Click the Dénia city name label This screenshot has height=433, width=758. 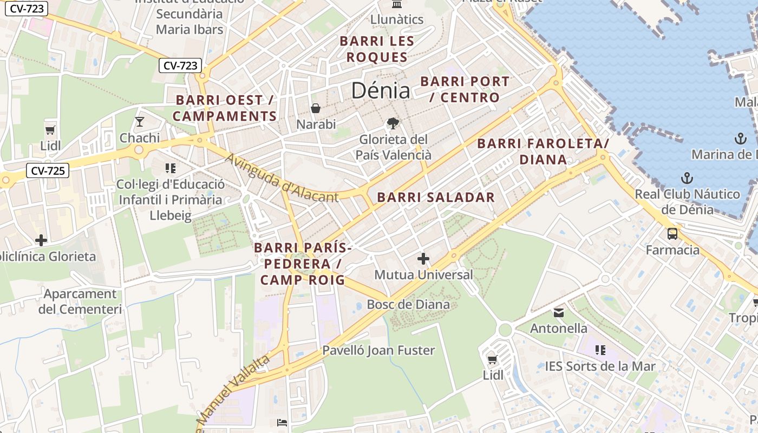pos(381,90)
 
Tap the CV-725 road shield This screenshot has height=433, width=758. pos(48,171)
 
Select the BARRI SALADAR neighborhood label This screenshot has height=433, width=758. pos(436,198)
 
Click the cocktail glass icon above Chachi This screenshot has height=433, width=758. pos(140,121)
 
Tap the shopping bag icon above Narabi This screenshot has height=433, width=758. pos(316,108)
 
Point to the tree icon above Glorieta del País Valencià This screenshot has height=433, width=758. pos(393,123)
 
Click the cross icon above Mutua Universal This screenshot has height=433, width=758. pos(423,259)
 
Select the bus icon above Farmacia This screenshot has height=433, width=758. pos(672,234)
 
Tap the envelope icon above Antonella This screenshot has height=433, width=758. pos(558,312)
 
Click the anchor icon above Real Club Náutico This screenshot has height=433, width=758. pos(687,178)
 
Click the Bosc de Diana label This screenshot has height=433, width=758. pos(408,304)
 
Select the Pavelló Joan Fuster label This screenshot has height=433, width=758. pos(378,350)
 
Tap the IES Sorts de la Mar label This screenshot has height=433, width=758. pos(600,366)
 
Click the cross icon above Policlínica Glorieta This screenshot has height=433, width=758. pos(41,240)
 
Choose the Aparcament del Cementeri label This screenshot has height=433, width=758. pos(80,301)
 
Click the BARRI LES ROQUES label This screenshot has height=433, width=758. pos(377,49)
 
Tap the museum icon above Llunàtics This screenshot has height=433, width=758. pos(397,5)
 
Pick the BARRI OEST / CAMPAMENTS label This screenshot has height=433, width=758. pos(225,108)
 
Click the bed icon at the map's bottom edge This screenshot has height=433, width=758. pos(282,423)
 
